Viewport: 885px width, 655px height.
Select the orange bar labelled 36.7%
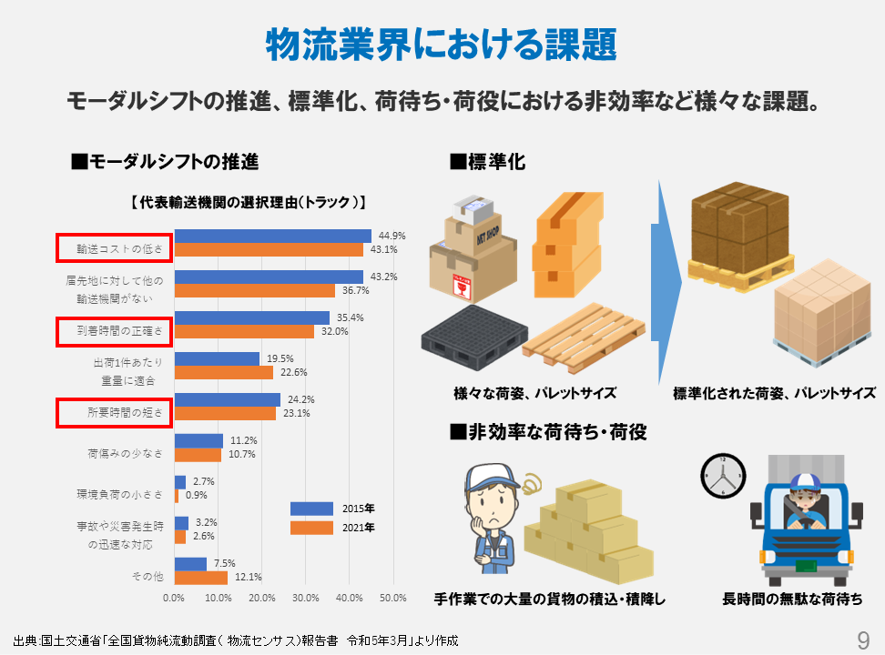[255, 291]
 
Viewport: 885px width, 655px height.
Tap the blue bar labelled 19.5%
[217, 358]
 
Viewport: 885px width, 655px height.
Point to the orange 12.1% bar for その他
[201, 577]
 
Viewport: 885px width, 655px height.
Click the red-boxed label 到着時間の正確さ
[114, 331]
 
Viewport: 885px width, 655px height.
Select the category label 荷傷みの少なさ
[125, 452]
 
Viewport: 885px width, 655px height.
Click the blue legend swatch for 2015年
[311, 509]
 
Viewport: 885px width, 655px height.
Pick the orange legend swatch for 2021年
[311, 528]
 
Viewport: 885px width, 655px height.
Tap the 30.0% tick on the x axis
[305, 598]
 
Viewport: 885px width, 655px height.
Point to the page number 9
[863, 640]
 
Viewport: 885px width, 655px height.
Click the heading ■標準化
[488, 162]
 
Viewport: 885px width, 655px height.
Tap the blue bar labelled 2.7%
[179, 482]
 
